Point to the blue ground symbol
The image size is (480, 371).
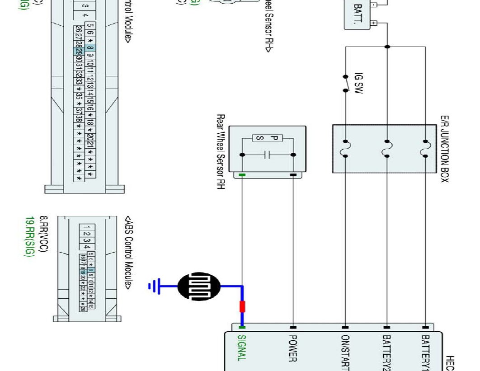tap(154, 286)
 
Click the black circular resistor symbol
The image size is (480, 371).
tap(199, 286)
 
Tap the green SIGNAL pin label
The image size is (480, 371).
tap(242, 348)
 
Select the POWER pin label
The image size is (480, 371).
tap(292, 348)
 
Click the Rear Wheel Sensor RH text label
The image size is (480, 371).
tap(221, 151)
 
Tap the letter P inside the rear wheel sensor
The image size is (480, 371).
tap(273, 138)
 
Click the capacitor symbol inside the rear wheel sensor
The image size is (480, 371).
tap(268, 155)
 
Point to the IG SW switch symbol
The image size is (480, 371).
tap(346, 83)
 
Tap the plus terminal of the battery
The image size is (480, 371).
tap(373, 23)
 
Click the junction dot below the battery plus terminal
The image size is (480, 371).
tap(387, 47)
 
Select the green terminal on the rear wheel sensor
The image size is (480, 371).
tap(242, 175)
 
